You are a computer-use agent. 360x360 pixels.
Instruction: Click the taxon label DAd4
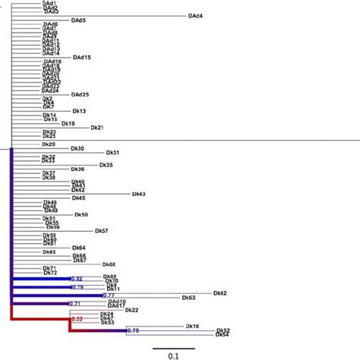[194, 16]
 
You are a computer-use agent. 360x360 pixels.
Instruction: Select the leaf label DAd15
[82, 58]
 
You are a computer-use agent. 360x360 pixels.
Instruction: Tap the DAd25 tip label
[81, 94]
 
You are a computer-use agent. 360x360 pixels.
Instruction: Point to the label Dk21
[97, 128]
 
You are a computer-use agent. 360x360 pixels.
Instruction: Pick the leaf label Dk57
[102, 231]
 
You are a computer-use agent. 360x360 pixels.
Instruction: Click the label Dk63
[190, 298]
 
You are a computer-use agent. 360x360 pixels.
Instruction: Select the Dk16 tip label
[193, 326]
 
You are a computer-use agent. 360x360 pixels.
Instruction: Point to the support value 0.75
[133, 331]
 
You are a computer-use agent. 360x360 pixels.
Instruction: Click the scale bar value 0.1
[173, 354]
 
